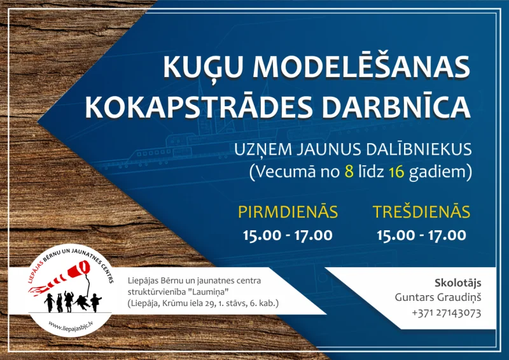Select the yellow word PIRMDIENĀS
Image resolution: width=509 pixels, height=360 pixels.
point(288,211)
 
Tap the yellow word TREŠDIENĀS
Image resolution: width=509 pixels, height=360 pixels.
point(421,211)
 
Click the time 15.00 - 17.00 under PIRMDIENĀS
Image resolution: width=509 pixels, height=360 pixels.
point(288,235)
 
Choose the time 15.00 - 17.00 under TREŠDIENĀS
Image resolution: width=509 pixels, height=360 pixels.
point(421,235)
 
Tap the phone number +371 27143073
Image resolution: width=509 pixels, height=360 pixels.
point(446,313)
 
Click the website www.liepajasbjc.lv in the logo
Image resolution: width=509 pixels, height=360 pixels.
point(73,324)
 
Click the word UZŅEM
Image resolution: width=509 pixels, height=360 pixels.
point(260,149)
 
